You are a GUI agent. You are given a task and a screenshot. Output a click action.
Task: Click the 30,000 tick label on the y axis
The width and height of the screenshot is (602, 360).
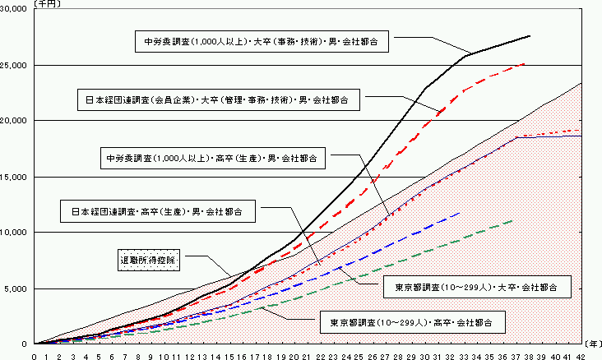pos(15,8)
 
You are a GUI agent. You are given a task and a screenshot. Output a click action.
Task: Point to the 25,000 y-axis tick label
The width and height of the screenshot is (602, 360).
pos(15,64)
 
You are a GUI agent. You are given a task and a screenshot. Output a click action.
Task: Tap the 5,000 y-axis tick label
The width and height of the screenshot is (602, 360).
pos(17,288)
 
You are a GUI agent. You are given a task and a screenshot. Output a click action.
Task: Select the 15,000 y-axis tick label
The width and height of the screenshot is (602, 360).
pos(15,176)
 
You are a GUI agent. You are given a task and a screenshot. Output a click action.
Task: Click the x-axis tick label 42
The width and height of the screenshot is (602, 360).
pos(582,356)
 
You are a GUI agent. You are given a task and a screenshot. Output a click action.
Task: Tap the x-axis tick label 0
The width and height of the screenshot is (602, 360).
pos(35,356)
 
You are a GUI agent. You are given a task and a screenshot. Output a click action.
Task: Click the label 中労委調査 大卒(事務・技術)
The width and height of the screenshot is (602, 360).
pos(262,39)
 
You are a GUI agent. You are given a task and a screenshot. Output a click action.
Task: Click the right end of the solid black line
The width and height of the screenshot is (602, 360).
pos(530,36)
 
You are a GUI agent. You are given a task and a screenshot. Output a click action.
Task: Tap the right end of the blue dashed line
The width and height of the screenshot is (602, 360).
pos(460,213)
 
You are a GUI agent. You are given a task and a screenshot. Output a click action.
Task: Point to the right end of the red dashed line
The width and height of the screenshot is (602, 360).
pos(525,63)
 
